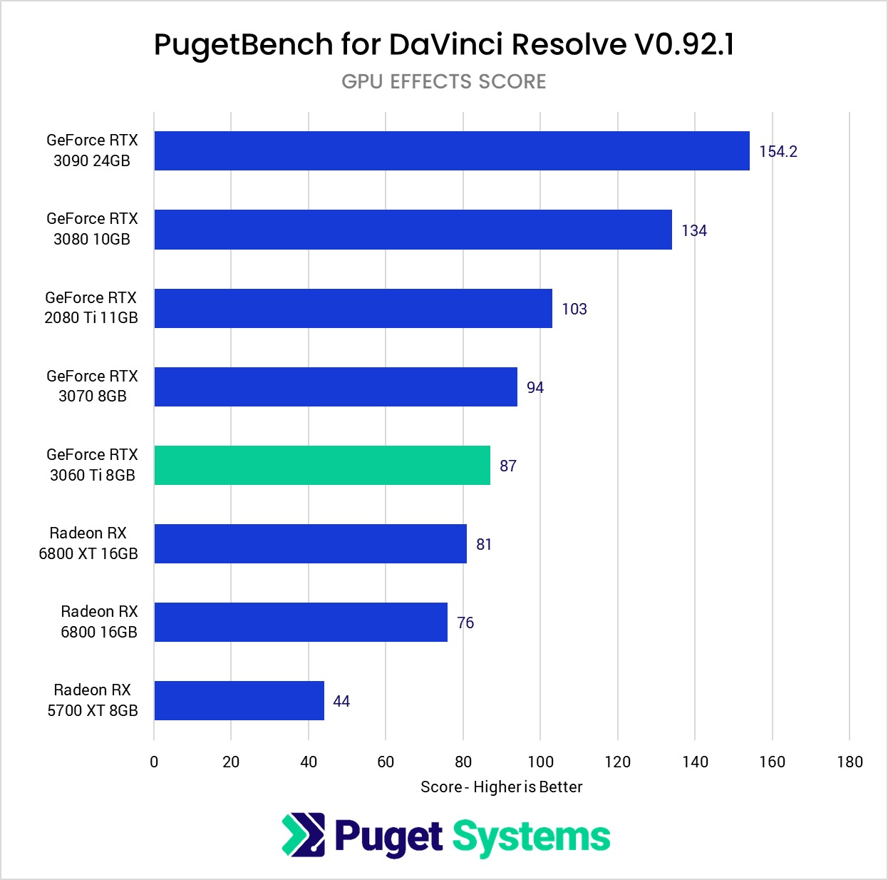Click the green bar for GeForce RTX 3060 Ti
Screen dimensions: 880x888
(322, 465)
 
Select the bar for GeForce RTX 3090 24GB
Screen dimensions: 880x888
(452, 150)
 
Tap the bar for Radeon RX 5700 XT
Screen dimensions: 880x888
(239, 700)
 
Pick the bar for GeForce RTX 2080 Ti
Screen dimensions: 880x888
(353, 308)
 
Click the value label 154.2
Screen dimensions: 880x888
(778, 151)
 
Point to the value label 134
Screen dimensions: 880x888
(693, 230)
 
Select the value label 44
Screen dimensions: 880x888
(341, 701)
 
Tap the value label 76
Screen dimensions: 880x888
(465, 623)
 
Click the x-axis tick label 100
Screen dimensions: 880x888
(540, 762)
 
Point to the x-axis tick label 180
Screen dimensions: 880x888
(850, 762)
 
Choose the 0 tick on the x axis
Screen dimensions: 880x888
(154, 762)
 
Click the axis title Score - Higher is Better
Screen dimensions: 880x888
(501, 787)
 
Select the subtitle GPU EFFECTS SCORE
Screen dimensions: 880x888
(443, 82)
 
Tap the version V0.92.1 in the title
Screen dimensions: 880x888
(683, 44)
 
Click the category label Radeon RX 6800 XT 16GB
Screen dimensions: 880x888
(88, 543)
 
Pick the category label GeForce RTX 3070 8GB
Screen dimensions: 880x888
(92, 386)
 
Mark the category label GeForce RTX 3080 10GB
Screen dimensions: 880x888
(92, 229)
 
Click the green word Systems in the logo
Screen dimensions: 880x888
(531, 836)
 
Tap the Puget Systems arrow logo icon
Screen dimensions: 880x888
(304, 834)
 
